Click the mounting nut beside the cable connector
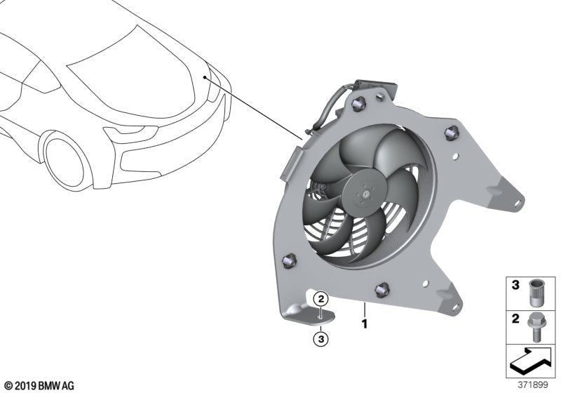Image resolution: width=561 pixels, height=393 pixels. [x=360, y=106]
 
